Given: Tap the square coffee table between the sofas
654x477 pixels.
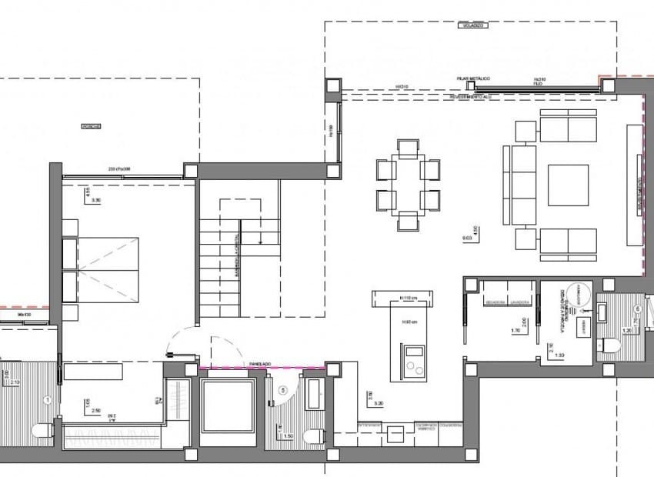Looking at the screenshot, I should [x=568, y=185].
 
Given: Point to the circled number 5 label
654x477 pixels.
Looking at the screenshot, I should [x=283, y=391].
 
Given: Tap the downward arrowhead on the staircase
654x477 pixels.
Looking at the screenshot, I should [x=262, y=242].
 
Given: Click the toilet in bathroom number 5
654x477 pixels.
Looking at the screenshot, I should [x=314, y=435].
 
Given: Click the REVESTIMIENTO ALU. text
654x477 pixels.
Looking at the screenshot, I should [x=478, y=98].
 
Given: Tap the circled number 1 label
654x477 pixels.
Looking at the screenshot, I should [x=48, y=399].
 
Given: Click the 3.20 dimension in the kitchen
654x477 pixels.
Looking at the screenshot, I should [x=377, y=402].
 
